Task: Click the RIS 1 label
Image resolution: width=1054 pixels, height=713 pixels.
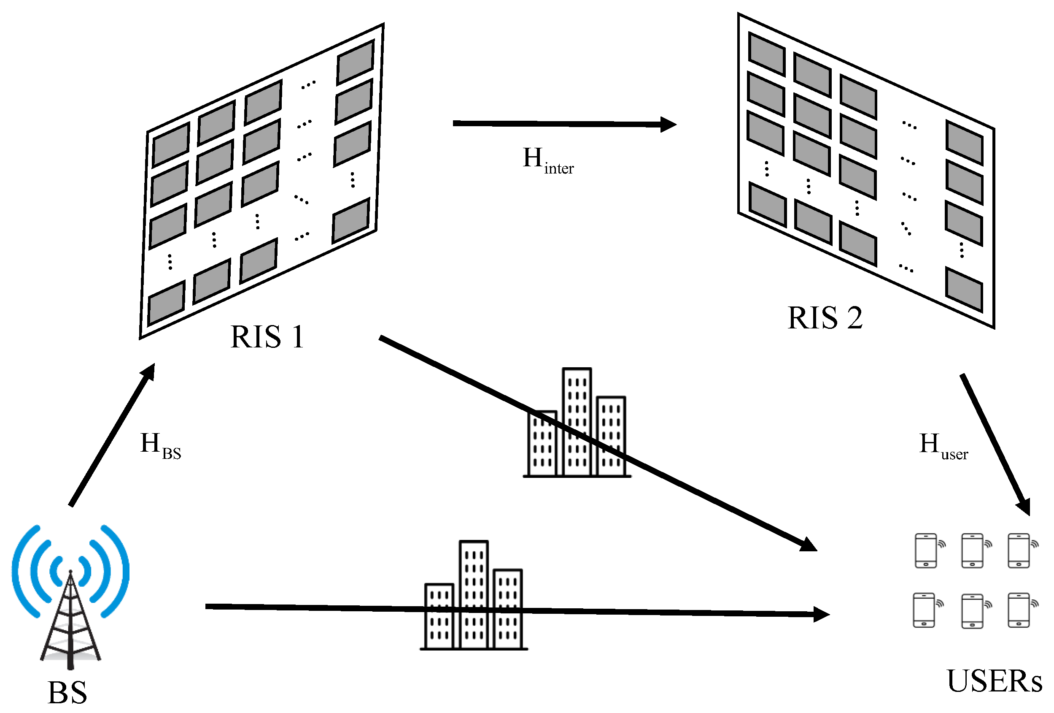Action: tap(267, 337)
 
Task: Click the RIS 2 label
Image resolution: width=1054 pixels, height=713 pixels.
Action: tap(824, 318)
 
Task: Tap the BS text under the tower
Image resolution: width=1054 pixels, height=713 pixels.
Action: tap(67, 693)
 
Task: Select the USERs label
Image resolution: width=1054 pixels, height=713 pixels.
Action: tap(993, 682)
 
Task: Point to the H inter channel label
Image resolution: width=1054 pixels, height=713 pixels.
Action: tap(547, 161)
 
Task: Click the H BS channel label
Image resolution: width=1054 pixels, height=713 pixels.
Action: tap(160, 446)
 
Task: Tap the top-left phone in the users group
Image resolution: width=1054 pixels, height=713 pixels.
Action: tap(926, 550)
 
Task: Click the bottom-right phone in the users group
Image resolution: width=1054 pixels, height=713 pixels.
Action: tap(1019, 610)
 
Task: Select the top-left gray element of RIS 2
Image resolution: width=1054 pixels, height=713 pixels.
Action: tap(766, 54)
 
